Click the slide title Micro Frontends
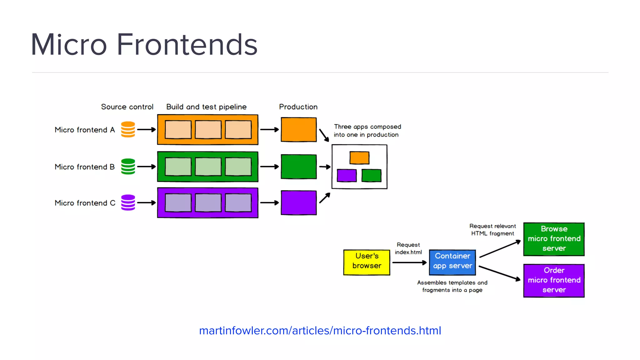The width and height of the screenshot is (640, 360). [144, 44]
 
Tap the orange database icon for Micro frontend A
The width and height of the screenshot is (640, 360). [128, 129]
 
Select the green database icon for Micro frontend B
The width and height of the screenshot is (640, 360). [128, 167]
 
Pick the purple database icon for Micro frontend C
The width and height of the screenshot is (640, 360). [128, 202]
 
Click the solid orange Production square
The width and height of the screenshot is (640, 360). [298, 130]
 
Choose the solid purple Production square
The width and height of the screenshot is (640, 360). [298, 203]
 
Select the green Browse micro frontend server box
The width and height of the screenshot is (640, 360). [554, 239]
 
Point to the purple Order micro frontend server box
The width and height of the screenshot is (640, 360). [554, 280]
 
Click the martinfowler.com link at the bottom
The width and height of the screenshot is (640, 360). [320, 331]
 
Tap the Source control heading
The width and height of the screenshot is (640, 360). [127, 107]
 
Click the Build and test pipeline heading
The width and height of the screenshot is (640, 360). [206, 107]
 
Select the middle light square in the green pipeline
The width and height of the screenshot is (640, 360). [208, 167]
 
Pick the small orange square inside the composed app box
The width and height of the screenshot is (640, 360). [359, 158]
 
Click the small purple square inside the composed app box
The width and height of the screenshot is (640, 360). [347, 175]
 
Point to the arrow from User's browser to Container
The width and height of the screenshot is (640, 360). [409, 262]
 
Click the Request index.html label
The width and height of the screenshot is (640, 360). [408, 248]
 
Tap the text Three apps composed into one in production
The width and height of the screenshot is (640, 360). [367, 131]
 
